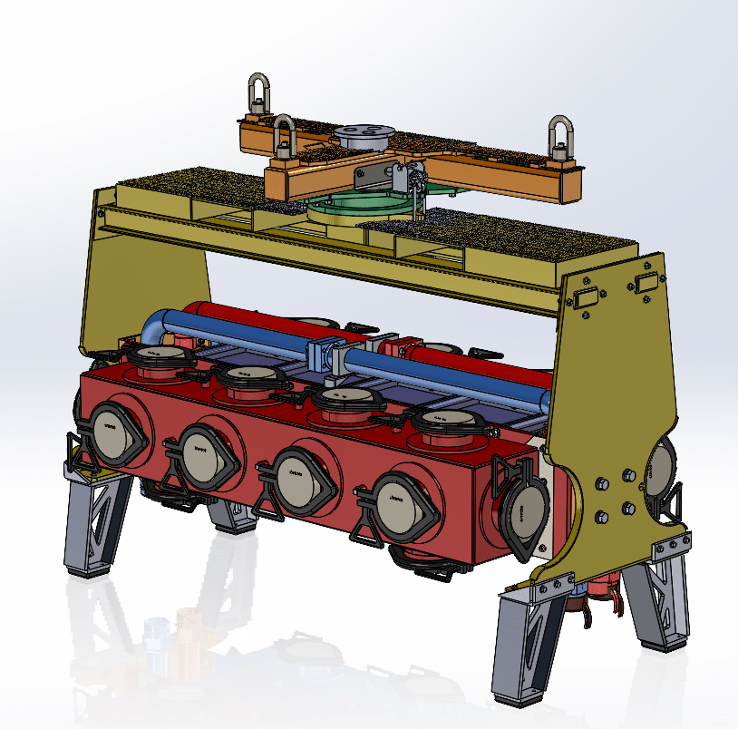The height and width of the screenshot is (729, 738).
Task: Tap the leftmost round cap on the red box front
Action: click(x=112, y=430)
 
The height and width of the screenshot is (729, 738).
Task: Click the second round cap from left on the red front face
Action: click(x=201, y=453)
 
